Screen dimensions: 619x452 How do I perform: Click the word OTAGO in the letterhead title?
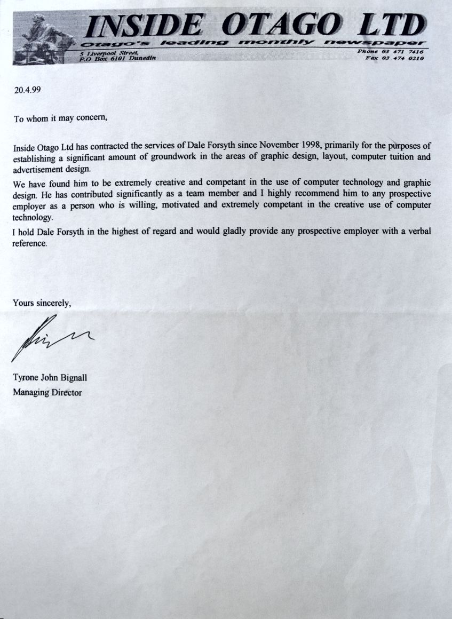[281, 25]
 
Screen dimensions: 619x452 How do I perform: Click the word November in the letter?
[272, 145]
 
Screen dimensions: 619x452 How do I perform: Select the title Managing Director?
[47, 393]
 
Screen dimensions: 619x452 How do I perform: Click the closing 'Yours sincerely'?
[42, 303]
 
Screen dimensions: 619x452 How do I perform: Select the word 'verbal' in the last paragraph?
[418, 232]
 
